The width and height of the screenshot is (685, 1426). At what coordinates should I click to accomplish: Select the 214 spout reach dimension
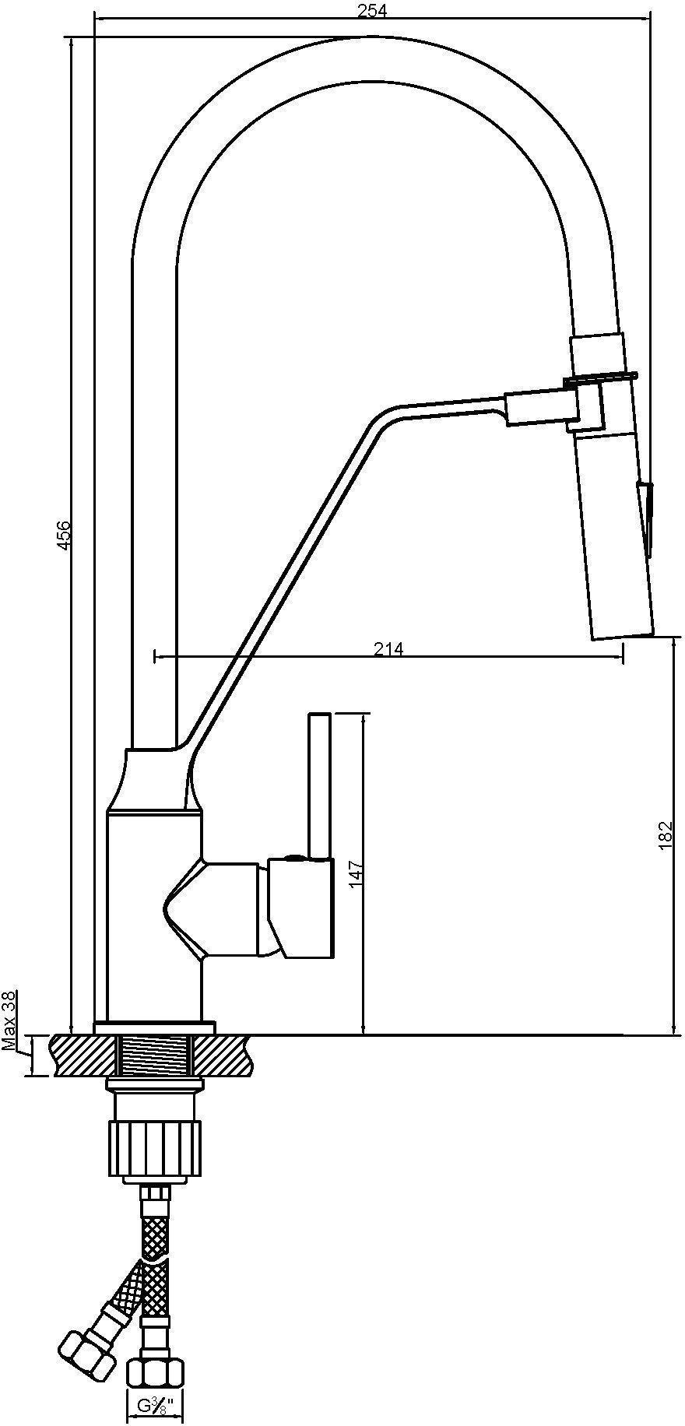coord(389,648)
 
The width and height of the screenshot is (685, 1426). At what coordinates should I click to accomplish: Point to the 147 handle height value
coord(355,873)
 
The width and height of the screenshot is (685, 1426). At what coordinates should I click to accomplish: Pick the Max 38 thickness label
coord(9,1020)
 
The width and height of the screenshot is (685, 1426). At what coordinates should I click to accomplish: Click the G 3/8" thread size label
coord(155,1407)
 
